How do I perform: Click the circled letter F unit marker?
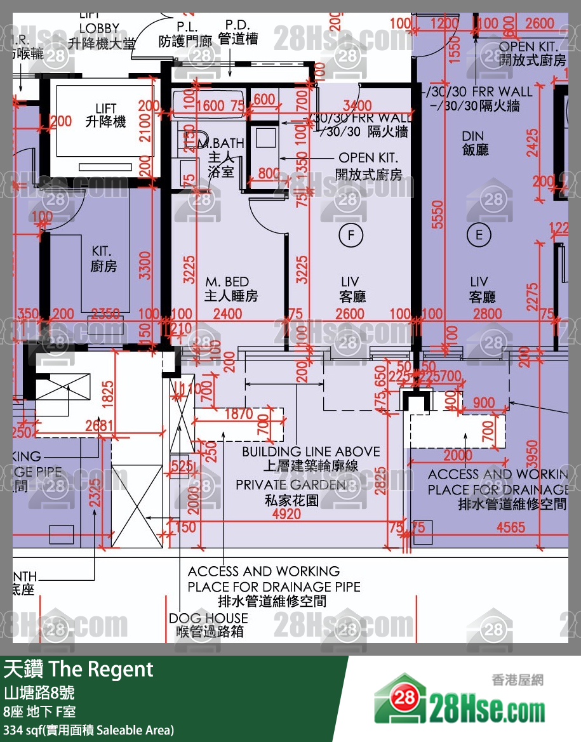coord(349,236)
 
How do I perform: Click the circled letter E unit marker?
coord(479,235)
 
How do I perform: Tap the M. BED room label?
coord(227,282)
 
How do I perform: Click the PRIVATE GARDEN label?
coord(291,485)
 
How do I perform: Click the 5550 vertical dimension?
coord(436,220)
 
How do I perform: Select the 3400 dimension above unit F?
coord(356,105)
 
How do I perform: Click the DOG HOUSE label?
coord(208,618)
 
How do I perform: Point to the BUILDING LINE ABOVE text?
coord(311,452)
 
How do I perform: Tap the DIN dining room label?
coord(472,136)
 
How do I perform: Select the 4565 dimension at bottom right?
coord(511,527)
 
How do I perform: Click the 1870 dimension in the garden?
coord(239,414)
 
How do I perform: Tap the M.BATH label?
coord(222,144)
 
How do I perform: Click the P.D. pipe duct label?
coord(237,25)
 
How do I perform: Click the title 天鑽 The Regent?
coord(79,669)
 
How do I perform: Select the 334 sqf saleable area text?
coord(88,729)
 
